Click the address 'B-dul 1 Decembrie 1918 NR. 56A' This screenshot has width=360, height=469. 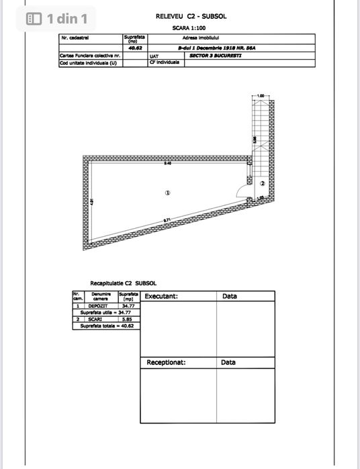208,48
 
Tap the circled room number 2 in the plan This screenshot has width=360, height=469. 263,183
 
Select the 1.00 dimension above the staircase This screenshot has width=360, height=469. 261,97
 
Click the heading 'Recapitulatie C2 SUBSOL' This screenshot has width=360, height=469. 124,283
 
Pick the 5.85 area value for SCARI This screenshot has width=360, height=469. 127,319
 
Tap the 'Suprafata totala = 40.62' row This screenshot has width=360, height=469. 103,326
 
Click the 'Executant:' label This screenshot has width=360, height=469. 161,296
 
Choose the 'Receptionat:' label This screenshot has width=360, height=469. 166,362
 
